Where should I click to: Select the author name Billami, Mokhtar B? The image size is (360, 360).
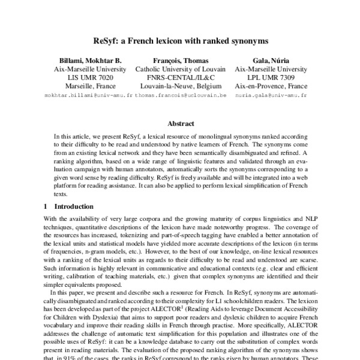89,60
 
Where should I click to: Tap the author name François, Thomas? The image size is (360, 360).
180,60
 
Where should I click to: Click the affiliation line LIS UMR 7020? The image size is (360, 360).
89,77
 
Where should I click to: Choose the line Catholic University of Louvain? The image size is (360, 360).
180,69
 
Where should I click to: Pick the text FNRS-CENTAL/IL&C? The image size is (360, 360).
180,77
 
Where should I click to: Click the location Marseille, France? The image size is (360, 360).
89,86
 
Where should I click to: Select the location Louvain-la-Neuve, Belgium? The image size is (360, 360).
180,86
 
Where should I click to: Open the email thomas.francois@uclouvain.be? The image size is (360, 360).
180,95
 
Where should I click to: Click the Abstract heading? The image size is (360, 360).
180,124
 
